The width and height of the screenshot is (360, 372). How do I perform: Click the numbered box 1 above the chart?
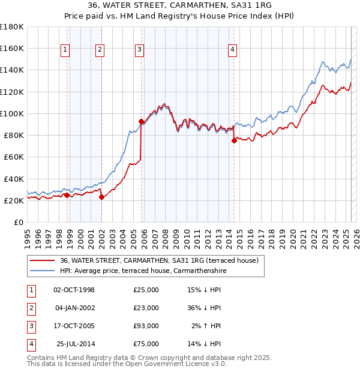tap(64, 50)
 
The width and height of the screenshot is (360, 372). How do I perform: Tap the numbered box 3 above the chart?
tap(139, 50)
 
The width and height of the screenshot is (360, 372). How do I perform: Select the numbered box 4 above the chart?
tap(232, 50)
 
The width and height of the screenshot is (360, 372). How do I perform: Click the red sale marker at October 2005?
tap(141, 121)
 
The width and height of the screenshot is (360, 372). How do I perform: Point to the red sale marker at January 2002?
tap(101, 197)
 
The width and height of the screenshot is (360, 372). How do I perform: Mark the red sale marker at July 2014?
tap(234, 141)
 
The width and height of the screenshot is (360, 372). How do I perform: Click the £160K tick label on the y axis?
tap(12, 48)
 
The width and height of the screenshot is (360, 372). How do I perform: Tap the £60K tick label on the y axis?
tap(14, 157)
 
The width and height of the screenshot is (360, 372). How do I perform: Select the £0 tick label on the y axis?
tap(19, 222)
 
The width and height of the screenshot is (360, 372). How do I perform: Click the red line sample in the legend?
tap(41, 260)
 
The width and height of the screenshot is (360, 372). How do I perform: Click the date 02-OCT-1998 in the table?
tap(74, 290)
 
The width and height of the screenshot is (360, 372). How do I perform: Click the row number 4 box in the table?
tap(29, 344)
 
